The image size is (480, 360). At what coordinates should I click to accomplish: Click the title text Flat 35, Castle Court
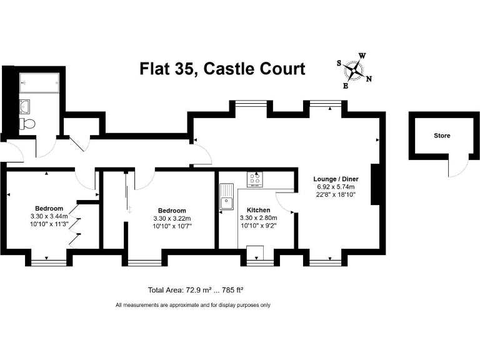222,68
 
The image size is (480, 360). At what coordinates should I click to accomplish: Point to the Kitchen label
258,210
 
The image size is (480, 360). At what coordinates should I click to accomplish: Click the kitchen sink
226,197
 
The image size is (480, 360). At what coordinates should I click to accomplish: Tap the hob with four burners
255,179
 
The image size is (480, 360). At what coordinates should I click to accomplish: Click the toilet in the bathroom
27,124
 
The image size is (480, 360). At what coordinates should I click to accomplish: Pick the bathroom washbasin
25,105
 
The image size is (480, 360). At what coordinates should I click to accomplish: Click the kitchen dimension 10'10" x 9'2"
258,226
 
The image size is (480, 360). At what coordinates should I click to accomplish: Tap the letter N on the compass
369,79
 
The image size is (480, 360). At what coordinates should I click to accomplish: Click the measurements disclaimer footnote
192,305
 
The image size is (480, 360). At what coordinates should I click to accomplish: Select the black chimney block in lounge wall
375,184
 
